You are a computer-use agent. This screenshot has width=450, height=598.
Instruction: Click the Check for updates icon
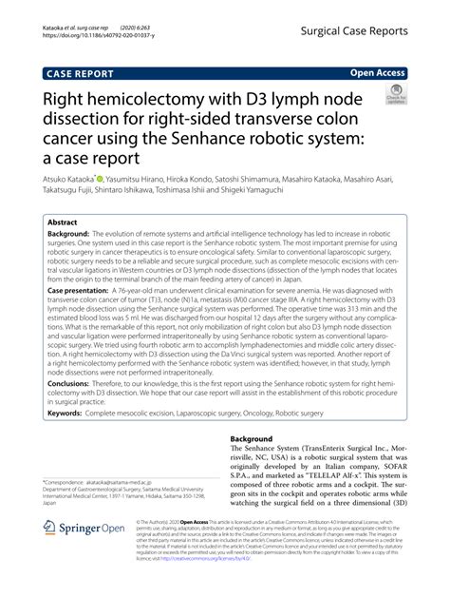coord(398,96)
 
